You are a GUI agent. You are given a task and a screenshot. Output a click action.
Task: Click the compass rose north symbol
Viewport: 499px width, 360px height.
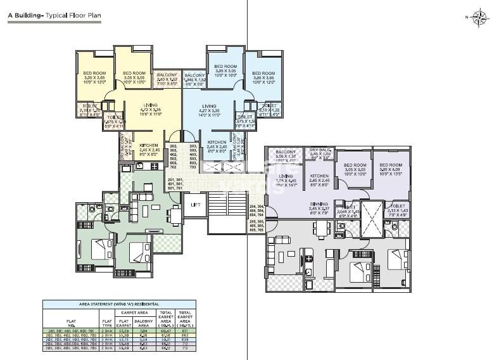pyautogui.click(x=480, y=16)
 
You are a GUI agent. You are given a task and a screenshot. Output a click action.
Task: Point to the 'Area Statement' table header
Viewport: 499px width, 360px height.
pyautogui.click(x=119, y=305)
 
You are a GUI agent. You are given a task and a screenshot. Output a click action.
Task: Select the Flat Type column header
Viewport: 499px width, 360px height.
pyautogui.click(x=106, y=323)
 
